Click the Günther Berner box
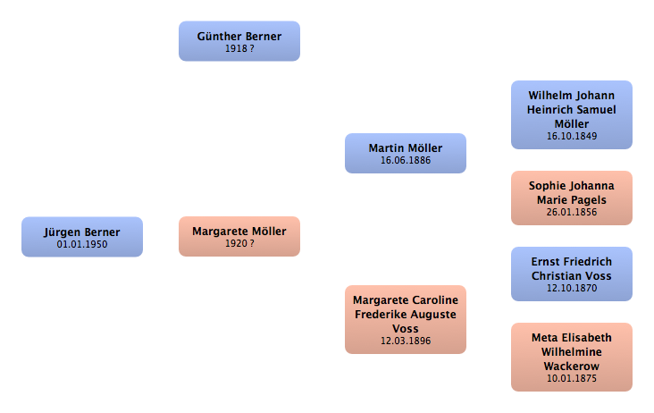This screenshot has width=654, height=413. pos(239,41)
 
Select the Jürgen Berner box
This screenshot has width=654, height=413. pos(82,237)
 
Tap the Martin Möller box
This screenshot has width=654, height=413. pos(406,153)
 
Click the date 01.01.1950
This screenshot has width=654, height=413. pos(82,244)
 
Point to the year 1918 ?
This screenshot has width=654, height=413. pos(239,48)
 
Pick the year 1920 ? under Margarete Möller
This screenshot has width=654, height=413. pos(239,243)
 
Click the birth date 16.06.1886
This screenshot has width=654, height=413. pos(406,160)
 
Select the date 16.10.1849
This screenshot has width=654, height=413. pos(572,136)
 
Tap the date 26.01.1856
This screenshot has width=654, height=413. pos(572,212)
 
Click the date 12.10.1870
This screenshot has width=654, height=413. pos(572,288)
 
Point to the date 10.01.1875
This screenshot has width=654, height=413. pos(572,378)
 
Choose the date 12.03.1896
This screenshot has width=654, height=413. pos(406,341)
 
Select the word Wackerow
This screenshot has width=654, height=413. pos(572,367)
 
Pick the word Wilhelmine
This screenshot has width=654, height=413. pos(572,352)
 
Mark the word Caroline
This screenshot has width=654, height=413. pos(434,300)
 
